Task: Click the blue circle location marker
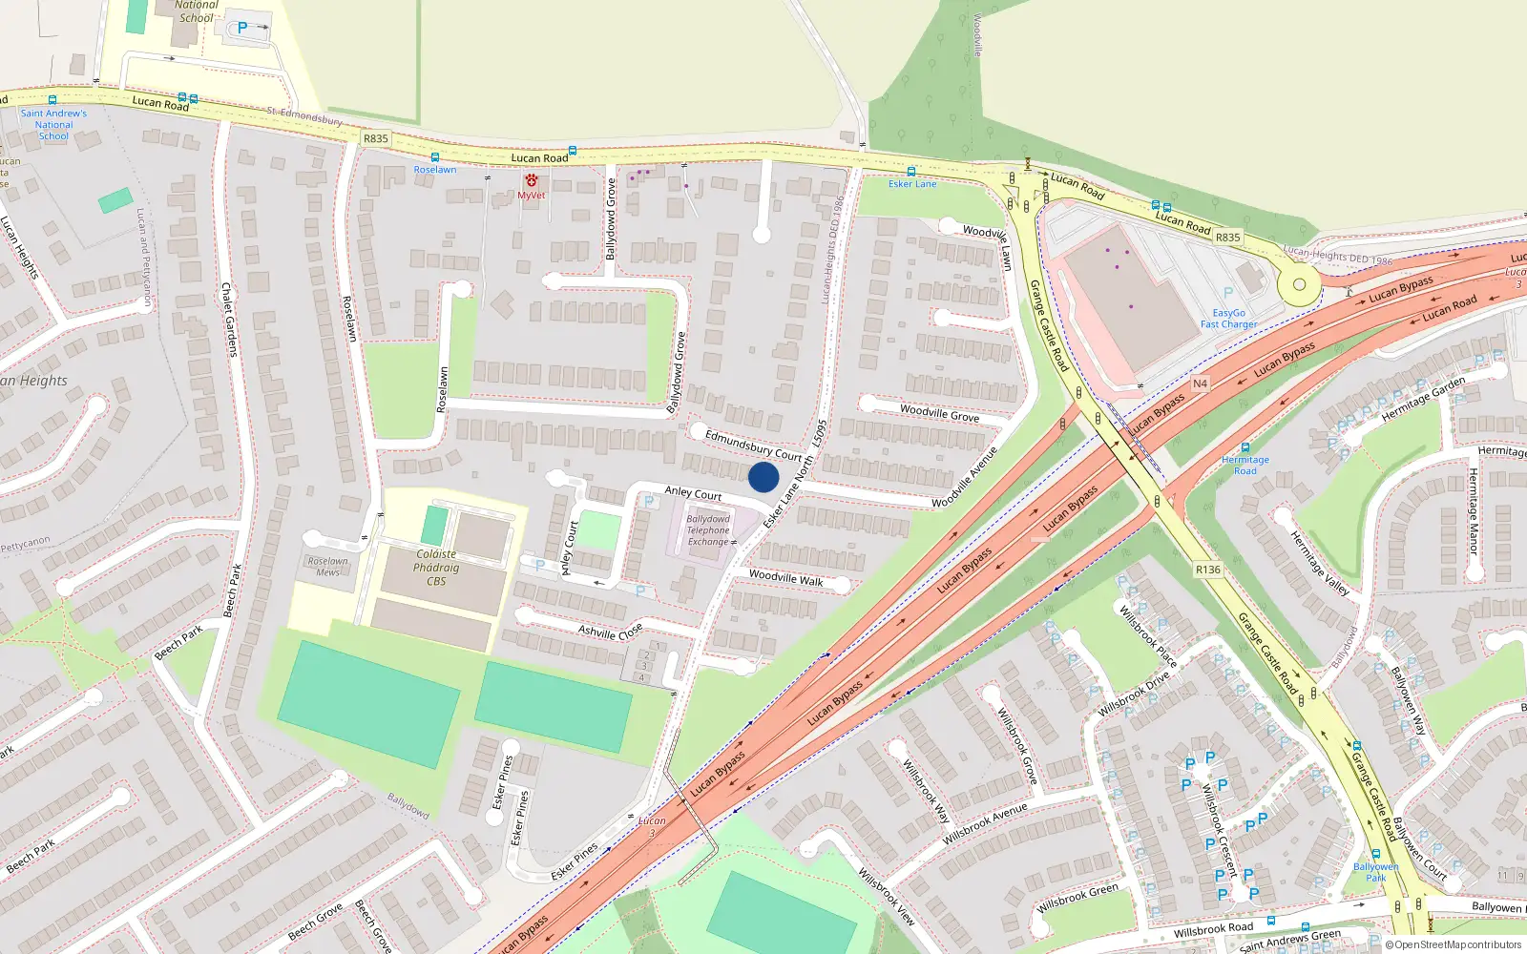tap(763, 477)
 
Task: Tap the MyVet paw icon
tap(532, 180)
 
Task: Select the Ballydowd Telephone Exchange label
tap(708, 530)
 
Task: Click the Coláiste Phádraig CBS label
tap(436, 567)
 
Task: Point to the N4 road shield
tap(1200, 384)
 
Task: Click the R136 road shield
tap(1208, 570)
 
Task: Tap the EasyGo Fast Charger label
tap(1228, 319)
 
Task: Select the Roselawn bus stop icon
tap(435, 157)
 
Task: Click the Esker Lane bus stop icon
tap(911, 172)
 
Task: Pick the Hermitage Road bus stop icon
tap(1245, 447)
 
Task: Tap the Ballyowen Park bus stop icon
tap(1375, 855)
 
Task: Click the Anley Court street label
tap(693, 493)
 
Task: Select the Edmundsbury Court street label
tap(753, 445)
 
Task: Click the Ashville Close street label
tap(610, 632)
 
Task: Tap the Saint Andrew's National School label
tap(53, 124)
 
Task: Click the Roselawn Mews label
tap(327, 567)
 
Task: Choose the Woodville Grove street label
tap(939, 412)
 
